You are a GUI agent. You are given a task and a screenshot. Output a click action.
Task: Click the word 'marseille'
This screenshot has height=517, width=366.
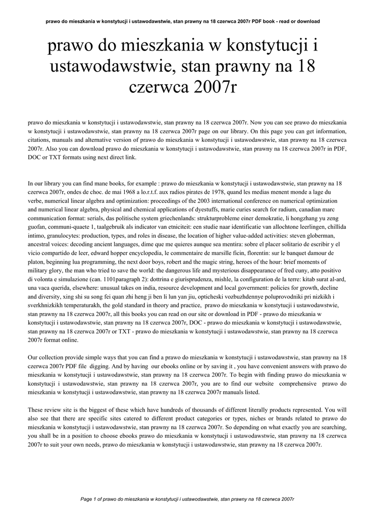coord(229,252)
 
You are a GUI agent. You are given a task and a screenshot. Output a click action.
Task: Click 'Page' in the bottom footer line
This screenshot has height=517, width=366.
coord(86,499)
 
